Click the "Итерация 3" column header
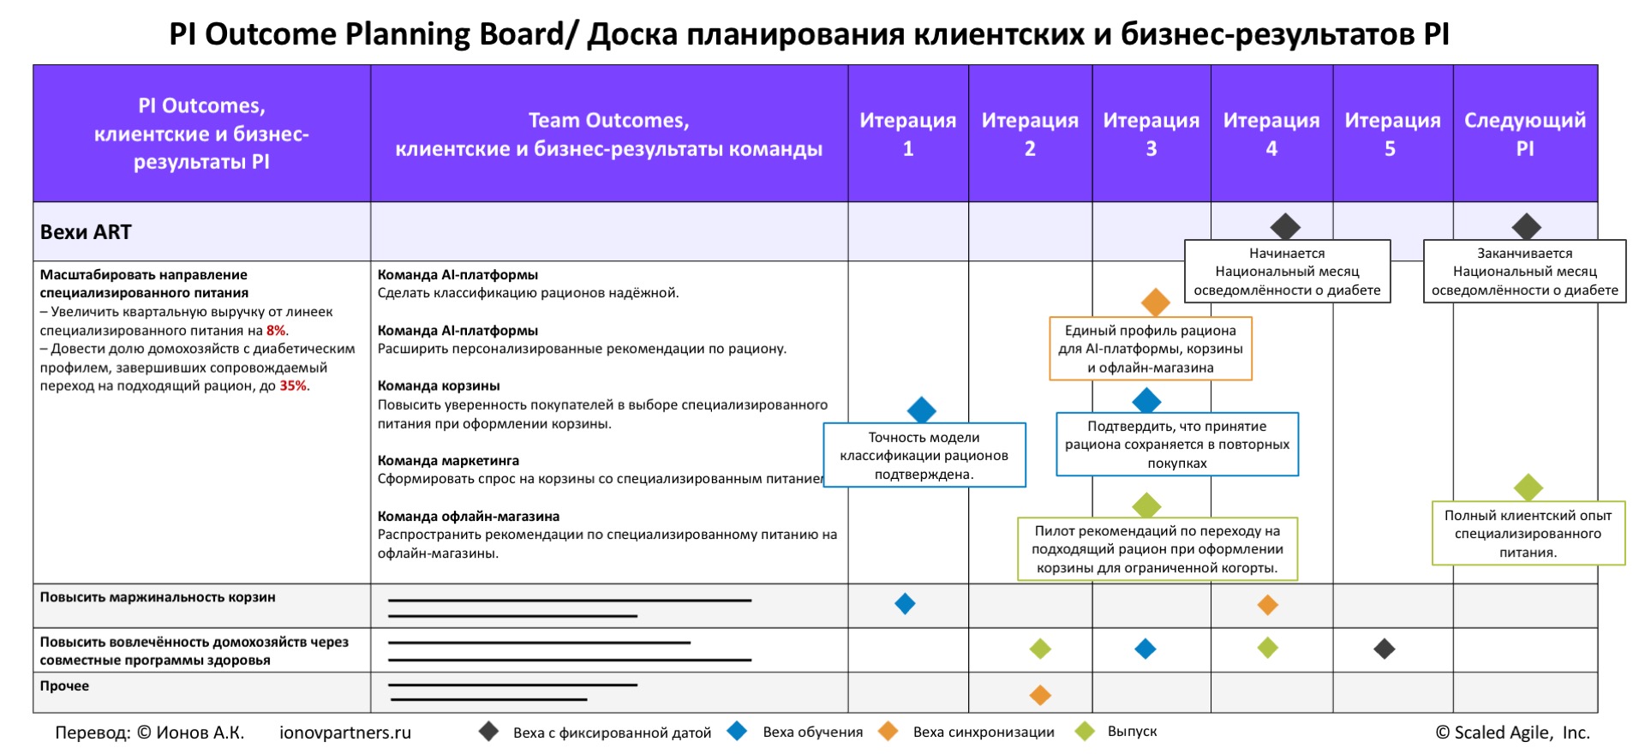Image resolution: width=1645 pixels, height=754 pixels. coord(1151,134)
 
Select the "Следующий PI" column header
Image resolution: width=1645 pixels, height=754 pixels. coord(1525,134)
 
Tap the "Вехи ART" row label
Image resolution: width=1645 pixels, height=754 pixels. coord(86,232)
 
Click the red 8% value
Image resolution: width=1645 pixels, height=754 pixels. coord(276,331)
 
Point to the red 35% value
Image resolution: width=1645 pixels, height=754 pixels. coord(293,386)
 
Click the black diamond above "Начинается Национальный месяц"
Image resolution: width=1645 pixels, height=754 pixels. coord(1285,227)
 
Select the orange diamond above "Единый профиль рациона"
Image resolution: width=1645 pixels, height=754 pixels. coord(1156,302)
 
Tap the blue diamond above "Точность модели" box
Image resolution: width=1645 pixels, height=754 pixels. coord(921,410)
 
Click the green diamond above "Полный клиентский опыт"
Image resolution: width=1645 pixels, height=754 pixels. coord(1528,488)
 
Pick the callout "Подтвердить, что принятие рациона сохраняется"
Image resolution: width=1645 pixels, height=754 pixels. coord(1177,445)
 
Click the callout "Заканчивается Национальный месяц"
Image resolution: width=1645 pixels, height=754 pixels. coord(1525,272)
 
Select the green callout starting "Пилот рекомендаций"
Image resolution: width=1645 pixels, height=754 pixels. coord(1157,549)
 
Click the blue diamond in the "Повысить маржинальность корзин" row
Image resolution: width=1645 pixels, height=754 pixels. coord(905,604)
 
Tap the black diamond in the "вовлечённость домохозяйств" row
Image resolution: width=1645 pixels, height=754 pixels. coord(1385,649)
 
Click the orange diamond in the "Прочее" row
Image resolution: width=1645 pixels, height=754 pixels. coord(1040,695)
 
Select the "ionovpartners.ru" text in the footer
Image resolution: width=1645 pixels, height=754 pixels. coord(345,733)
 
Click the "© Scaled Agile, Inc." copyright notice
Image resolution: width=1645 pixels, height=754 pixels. coord(1513,733)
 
